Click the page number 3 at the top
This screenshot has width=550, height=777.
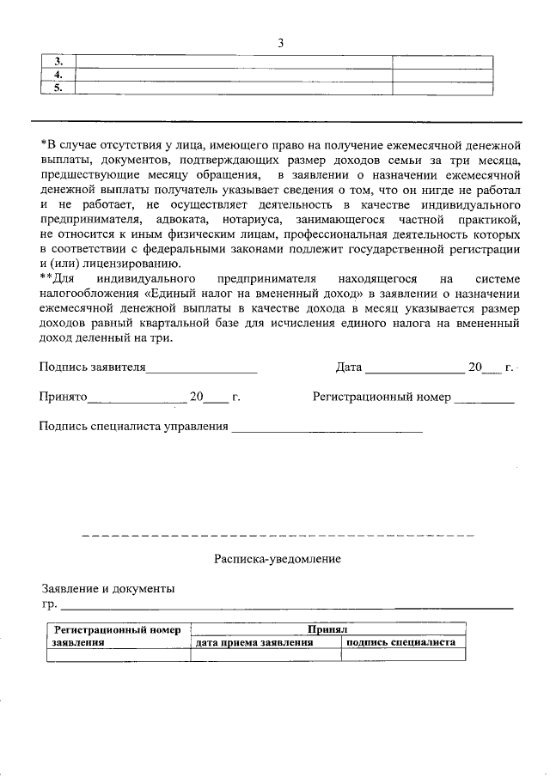point(280,44)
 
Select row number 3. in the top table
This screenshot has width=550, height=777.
point(58,62)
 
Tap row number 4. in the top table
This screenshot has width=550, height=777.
point(58,75)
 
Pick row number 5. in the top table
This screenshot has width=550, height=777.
point(58,88)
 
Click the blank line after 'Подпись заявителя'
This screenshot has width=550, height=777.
point(202,370)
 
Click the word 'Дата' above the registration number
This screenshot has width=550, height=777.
point(348,367)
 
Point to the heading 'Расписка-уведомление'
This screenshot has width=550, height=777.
point(278,559)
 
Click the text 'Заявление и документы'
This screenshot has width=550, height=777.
point(108,589)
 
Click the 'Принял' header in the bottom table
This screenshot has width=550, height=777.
point(327,629)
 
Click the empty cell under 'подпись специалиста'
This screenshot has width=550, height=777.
point(402,654)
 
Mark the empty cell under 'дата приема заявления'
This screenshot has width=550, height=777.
point(265,654)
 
